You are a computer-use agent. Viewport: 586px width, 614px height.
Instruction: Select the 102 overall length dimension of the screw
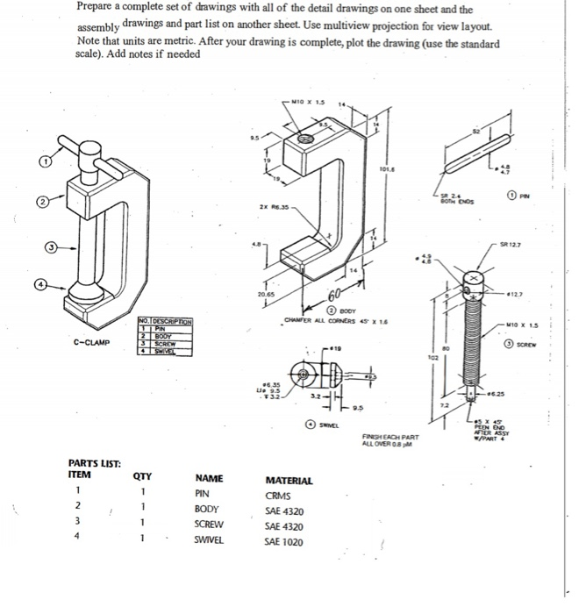tap(428, 359)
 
